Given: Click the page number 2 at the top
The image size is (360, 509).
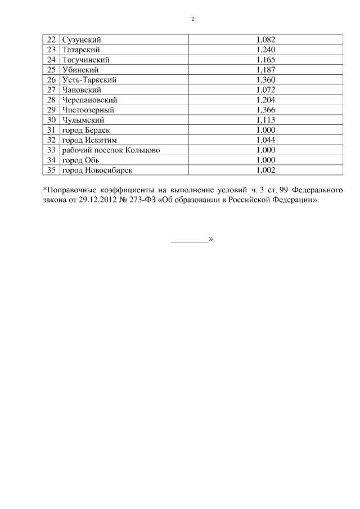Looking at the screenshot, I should point(192,19).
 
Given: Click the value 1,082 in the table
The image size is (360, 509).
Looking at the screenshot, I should point(265,40).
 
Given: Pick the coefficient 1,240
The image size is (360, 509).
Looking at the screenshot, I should point(265,50).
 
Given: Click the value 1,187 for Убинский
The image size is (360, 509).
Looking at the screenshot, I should point(265,70).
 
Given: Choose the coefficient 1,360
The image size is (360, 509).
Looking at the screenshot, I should point(265,80).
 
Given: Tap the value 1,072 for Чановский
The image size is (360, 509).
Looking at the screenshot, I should point(265,90).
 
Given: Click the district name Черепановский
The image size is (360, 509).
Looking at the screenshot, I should point(89,100).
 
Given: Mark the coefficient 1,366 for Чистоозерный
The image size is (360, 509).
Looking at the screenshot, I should point(265,110).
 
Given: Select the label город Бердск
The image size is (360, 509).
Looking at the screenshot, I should point(85,130).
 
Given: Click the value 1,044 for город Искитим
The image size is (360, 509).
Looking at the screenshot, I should point(265,139).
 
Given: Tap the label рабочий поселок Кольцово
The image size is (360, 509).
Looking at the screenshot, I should point(106,150).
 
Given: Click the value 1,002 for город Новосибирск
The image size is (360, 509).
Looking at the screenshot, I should point(265,170).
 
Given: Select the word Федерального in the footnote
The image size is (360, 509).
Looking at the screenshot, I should point(317,190).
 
